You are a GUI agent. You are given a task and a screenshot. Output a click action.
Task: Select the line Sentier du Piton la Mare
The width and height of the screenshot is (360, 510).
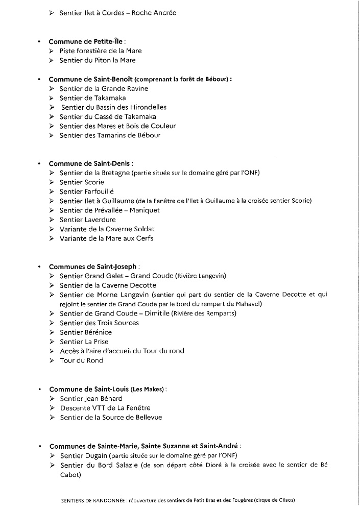98,60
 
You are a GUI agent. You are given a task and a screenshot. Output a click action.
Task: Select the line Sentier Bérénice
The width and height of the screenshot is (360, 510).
85,332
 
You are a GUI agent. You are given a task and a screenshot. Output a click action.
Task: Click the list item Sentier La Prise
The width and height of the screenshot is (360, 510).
84,342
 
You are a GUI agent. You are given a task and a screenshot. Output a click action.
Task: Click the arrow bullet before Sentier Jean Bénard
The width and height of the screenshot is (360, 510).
52,398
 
